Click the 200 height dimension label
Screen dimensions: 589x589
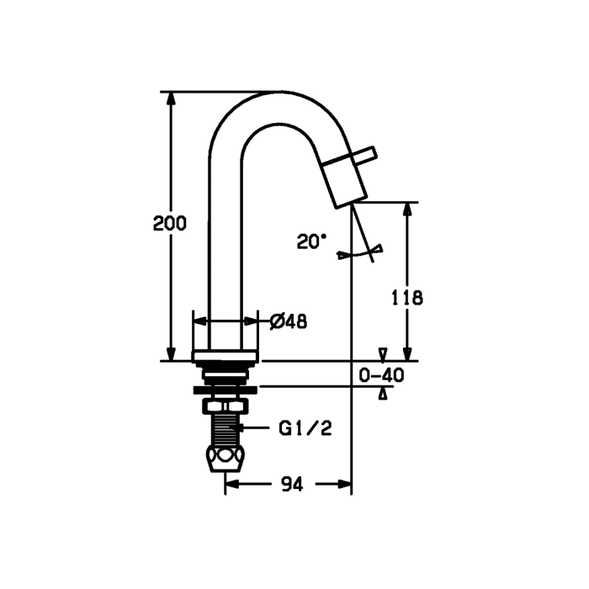point(170,224)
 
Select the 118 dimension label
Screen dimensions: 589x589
point(407,298)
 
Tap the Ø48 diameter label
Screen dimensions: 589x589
point(289,321)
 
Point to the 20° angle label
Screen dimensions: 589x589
point(311,241)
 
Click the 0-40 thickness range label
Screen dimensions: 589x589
point(381,375)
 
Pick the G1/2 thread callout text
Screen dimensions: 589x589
point(305,428)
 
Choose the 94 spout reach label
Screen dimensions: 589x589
point(292,485)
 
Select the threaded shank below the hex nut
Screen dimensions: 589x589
point(226,429)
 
